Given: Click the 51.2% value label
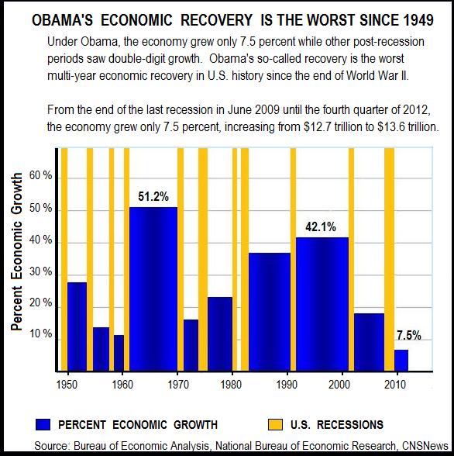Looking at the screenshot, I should tap(153, 197).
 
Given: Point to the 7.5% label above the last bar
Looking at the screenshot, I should tap(408, 336).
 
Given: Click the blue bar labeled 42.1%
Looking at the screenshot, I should tap(322, 302).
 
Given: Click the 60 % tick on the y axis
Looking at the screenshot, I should tap(41, 176).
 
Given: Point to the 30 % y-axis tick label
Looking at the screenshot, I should tap(41, 272).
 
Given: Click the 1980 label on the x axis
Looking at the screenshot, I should tap(218, 383).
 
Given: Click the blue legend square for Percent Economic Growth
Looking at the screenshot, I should tap(43, 424).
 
